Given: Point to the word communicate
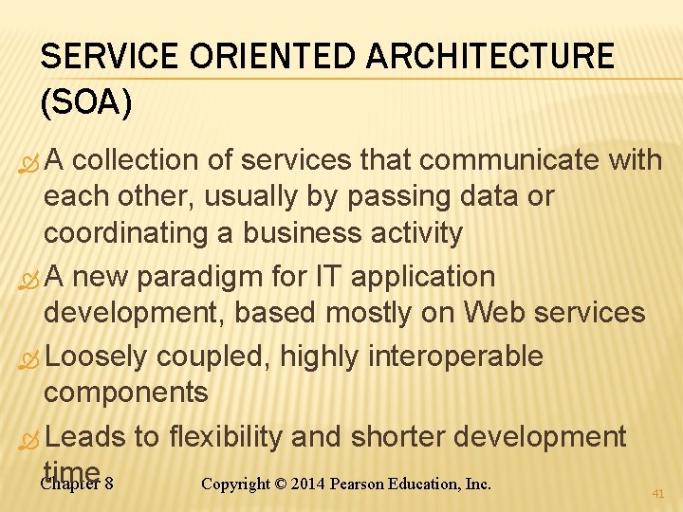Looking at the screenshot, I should click(x=509, y=161).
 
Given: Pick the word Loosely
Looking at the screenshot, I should click(x=96, y=357).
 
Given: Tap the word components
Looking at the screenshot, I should click(x=125, y=392).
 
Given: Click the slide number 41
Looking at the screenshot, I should click(x=657, y=494).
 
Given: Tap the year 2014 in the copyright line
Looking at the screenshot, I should click(x=307, y=484).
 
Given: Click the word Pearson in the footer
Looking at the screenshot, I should click(x=359, y=484).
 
